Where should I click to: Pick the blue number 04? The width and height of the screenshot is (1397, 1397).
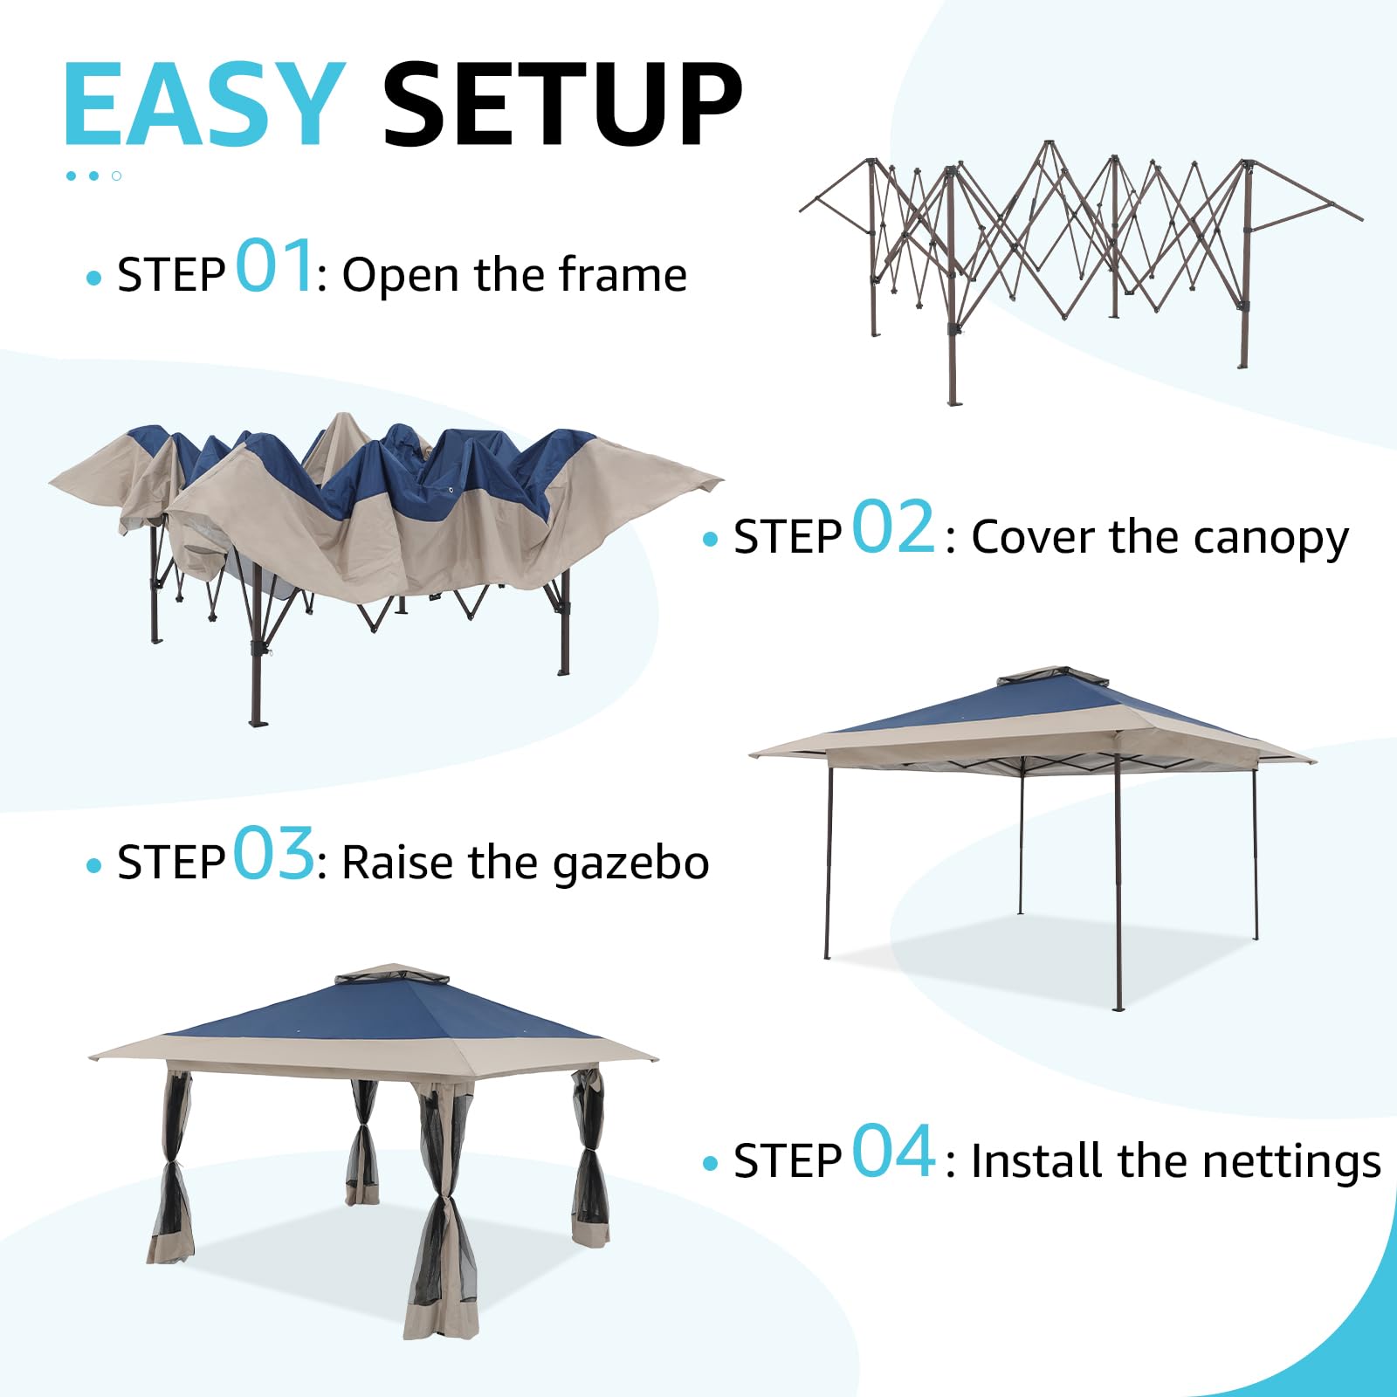[892, 1152]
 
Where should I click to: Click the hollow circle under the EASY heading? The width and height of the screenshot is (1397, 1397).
[116, 176]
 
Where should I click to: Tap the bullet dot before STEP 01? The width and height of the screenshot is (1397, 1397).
[94, 279]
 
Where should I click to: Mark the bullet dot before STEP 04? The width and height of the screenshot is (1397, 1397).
[710, 1164]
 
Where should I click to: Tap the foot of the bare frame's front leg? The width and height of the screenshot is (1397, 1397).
[953, 401]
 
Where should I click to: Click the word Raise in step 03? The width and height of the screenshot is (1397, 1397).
[398, 863]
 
